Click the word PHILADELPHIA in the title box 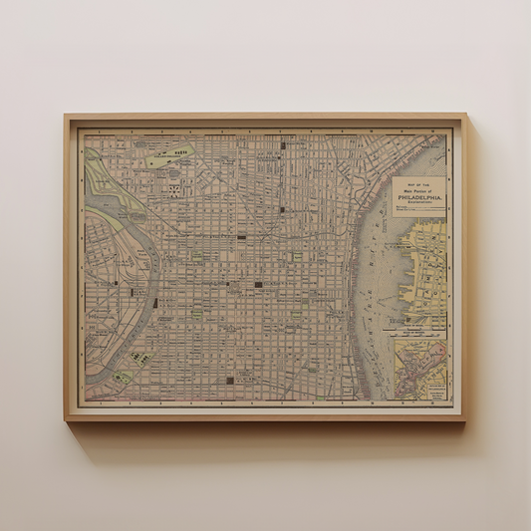[x=419, y=196]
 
